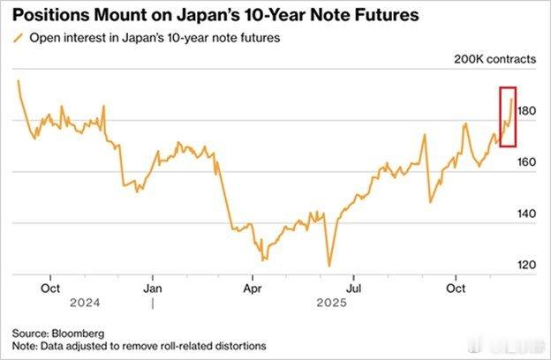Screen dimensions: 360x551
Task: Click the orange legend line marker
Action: [x=18, y=39]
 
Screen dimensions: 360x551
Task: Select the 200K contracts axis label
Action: [x=494, y=60]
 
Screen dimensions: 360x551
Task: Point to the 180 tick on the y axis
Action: [x=527, y=111]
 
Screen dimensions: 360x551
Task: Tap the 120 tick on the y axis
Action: [x=527, y=265]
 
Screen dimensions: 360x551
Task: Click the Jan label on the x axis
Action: [x=153, y=288]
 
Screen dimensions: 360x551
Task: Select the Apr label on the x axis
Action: [x=254, y=288]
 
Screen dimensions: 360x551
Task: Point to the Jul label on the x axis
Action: [x=354, y=288]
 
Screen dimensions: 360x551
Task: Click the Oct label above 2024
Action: [x=50, y=288]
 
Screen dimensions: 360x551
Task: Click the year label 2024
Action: [x=50, y=303]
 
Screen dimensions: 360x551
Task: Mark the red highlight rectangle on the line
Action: [x=507, y=116]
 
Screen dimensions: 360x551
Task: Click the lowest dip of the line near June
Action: [x=328, y=266]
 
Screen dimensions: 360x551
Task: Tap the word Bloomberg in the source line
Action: [x=79, y=333]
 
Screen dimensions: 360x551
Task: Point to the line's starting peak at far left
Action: [x=18, y=81]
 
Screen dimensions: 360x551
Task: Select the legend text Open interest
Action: [x=62, y=39]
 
